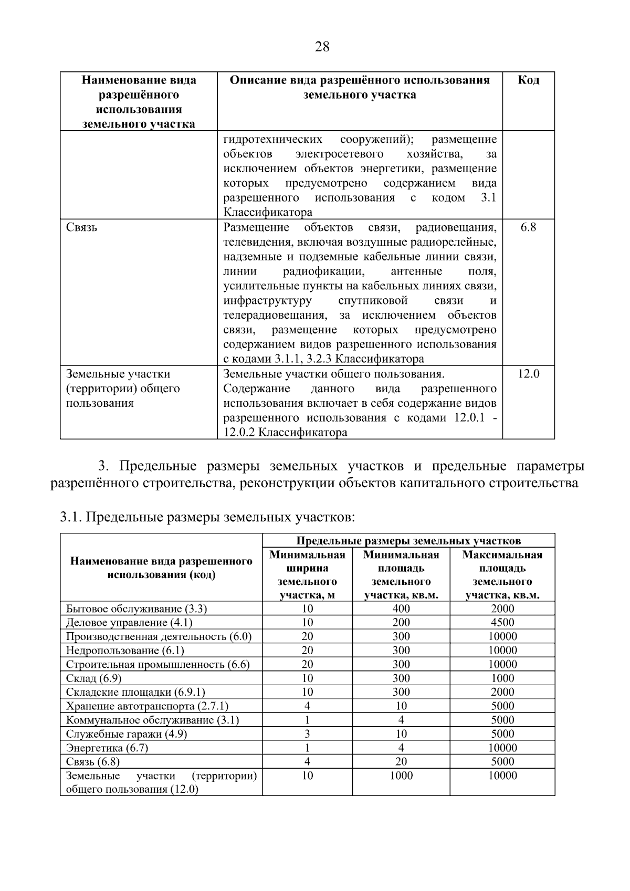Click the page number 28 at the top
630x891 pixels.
coord(322,47)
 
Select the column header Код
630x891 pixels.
coord(528,80)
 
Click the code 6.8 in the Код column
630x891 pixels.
coord(528,227)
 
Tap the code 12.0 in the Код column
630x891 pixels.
coord(528,374)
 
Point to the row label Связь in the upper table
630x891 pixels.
coord(81,227)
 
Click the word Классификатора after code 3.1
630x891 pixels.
coord(268,213)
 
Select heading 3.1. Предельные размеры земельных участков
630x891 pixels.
coord(207,518)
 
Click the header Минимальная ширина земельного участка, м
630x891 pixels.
coord(307,575)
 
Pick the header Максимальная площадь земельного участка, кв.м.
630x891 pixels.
coord(502,575)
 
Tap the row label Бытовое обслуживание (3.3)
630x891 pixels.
coord(136,609)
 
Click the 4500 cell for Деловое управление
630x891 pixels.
coord(502,623)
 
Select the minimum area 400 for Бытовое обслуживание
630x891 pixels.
coord(401,609)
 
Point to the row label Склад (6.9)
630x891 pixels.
coord(93,678)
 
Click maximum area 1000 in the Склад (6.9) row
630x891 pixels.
coord(502,678)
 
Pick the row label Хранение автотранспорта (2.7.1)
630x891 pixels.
coord(147,706)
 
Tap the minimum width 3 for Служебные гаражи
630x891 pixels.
coord(307,734)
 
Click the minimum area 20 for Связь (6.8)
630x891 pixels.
coord(401,762)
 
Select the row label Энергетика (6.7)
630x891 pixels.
coord(107,748)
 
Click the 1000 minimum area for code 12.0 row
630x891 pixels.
coord(401,776)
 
